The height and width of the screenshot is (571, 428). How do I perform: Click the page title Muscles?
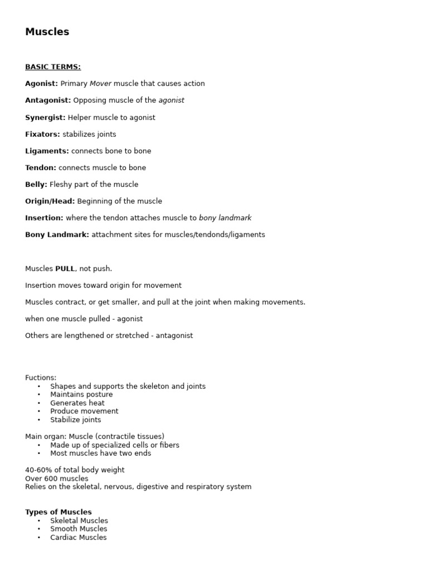[x=47, y=32]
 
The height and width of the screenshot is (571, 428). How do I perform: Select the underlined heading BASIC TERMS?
[x=53, y=67]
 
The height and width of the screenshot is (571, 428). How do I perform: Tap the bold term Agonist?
[x=41, y=84]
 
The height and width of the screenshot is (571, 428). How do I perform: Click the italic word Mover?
[x=100, y=84]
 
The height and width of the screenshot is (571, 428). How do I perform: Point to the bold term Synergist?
[x=45, y=118]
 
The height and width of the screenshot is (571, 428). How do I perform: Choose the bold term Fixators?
[x=42, y=134]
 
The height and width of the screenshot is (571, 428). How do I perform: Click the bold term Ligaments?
[x=47, y=151]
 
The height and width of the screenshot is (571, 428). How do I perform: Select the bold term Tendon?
[x=40, y=168]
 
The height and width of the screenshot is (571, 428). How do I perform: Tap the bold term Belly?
[x=36, y=185]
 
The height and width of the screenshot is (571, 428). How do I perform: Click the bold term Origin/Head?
[x=50, y=201]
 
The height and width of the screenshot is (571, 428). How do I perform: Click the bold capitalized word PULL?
[x=65, y=269]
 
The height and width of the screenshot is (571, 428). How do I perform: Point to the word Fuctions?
[x=41, y=378]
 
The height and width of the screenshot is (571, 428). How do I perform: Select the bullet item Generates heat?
[x=77, y=403]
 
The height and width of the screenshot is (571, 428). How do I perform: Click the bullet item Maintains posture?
[x=81, y=394]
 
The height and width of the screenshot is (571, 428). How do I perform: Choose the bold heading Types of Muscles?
[x=59, y=512]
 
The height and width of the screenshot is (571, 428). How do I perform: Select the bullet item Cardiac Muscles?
[x=78, y=538]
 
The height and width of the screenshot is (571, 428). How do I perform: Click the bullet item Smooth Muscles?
[x=79, y=529]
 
